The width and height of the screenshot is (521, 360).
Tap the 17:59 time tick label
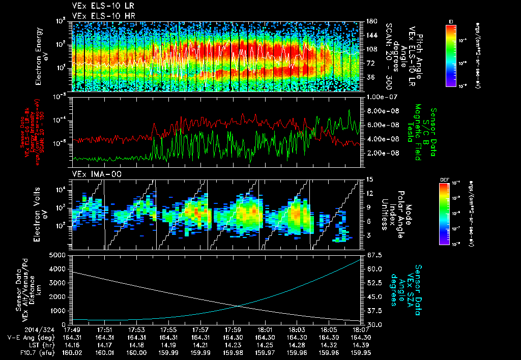233,329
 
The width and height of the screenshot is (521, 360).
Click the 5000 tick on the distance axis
59,255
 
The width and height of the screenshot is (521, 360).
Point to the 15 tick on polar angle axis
368,179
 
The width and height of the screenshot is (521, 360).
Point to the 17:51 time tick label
104,329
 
